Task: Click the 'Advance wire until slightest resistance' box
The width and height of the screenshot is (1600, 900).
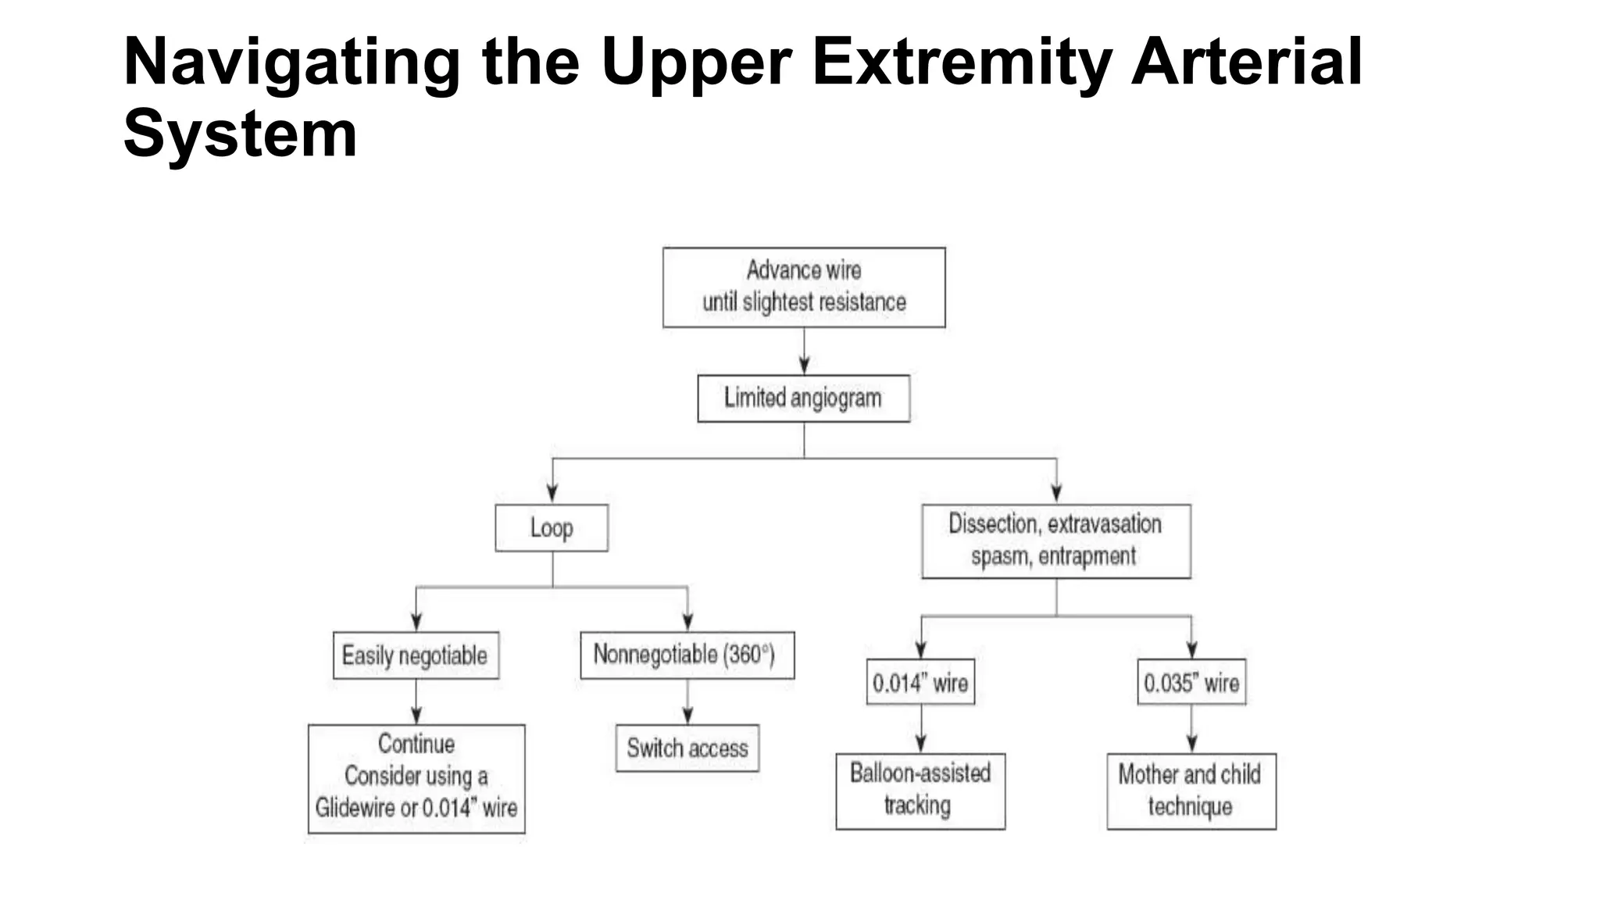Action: click(803, 287)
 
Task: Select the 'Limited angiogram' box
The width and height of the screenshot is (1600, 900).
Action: click(803, 398)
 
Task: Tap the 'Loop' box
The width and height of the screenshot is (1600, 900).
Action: click(552, 528)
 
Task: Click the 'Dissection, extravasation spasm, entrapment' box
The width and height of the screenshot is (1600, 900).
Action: click(1055, 541)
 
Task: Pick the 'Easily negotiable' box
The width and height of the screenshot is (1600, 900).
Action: click(416, 655)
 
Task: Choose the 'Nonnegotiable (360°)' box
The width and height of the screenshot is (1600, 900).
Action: click(687, 655)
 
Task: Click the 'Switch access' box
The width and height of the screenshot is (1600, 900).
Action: click(687, 748)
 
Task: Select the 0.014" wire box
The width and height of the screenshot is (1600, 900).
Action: click(920, 683)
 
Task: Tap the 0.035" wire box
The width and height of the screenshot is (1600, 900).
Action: click(1191, 683)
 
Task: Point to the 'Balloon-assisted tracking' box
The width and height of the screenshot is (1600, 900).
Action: click(920, 791)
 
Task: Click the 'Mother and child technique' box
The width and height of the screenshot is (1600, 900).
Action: click(1191, 791)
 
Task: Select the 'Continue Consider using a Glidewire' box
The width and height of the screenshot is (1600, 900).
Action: click(416, 778)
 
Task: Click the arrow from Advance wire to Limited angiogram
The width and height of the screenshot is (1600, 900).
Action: click(804, 352)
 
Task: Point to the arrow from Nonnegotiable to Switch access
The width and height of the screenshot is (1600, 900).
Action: click(687, 702)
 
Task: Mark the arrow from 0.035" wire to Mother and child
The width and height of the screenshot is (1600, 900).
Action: click(1191, 729)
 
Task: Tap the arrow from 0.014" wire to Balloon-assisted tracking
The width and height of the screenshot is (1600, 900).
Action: click(921, 729)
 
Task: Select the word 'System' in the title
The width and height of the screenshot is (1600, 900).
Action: click(240, 134)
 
